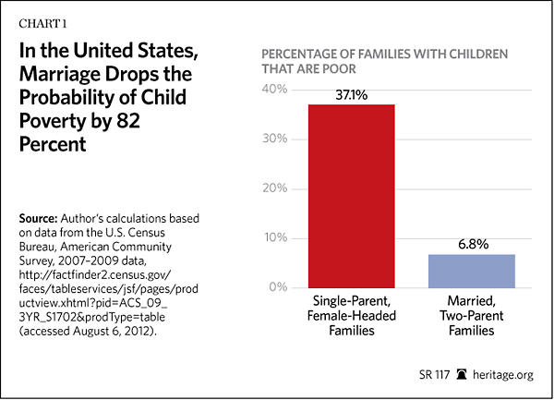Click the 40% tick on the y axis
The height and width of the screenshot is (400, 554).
tap(275, 90)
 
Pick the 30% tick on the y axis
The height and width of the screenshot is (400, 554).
tap(275, 139)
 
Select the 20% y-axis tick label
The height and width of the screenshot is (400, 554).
tap(275, 188)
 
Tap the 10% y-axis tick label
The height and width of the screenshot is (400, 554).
tap(275, 238)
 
